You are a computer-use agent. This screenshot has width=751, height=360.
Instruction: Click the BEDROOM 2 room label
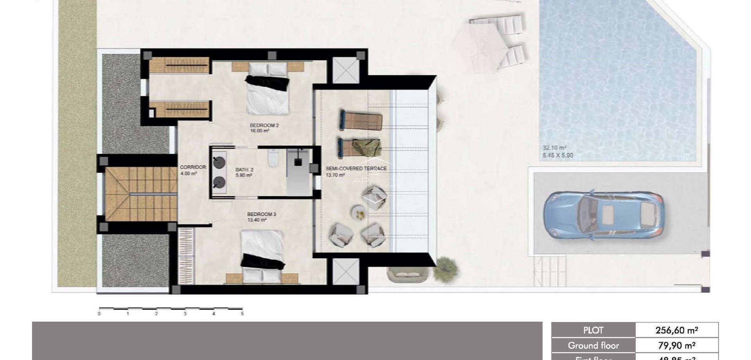(264, 126)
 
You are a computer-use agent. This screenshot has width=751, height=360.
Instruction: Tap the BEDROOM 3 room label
(261, 214)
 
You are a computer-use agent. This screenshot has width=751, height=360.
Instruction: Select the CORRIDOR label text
(193, 167)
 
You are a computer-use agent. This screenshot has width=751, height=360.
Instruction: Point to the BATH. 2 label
(244, 170)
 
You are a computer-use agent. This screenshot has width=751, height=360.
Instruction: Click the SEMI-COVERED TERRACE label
(356, 169)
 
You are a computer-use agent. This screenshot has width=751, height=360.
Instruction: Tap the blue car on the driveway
(603, 215)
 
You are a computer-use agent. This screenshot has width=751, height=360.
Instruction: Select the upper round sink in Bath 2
(219, 160)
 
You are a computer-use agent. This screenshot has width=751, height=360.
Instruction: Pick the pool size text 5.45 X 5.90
(557, 155)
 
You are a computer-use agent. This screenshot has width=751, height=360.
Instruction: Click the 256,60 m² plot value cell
(676, 330)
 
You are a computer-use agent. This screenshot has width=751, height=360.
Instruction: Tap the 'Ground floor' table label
(593, 346)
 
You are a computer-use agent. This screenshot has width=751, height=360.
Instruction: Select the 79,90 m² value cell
(676, 346)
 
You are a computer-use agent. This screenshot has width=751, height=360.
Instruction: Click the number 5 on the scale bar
(242, 314)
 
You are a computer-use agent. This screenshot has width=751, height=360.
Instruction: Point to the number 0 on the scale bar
(99, 314)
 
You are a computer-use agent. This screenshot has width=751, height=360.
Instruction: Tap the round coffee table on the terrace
(358, 212)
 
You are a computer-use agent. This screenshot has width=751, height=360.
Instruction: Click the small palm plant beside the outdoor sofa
(445, 267)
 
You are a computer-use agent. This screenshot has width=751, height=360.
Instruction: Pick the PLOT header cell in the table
(593, 330)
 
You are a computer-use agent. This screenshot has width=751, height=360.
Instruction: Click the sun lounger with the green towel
(360, 148)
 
